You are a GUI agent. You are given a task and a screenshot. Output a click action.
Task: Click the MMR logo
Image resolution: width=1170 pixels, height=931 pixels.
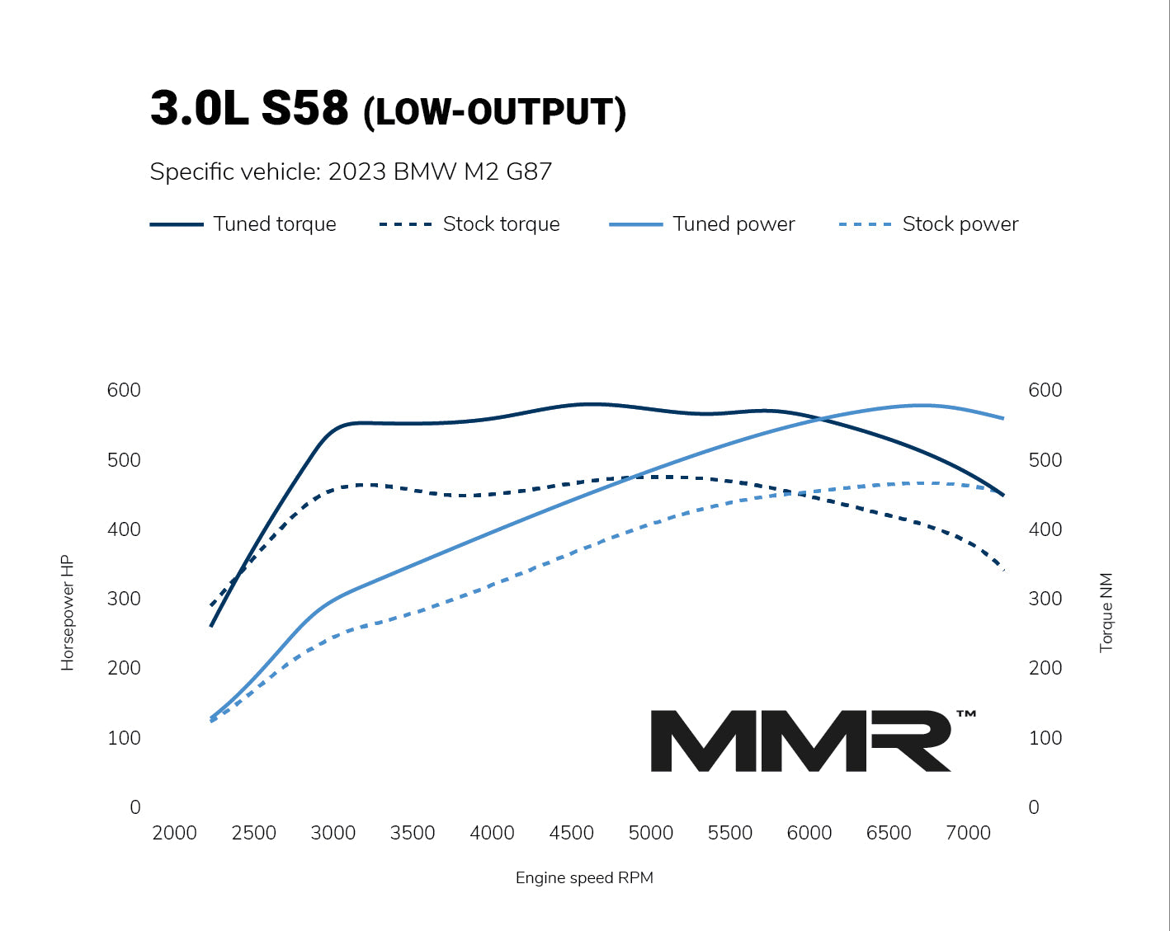(800, 741)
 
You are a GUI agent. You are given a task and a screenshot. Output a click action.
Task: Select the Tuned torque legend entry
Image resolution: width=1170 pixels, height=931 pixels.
(243, 224)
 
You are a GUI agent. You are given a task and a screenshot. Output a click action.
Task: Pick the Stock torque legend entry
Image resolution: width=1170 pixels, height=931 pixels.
(469, 224)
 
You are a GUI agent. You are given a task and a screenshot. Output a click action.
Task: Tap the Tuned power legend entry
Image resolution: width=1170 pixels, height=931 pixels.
(702, 224)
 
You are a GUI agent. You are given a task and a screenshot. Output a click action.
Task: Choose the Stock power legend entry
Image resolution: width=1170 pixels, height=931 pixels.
(929, 224)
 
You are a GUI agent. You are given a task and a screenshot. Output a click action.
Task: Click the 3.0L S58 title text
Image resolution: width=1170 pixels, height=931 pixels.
(249, 108)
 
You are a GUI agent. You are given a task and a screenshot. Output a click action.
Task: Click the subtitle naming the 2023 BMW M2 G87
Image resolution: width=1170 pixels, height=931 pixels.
(351, 172)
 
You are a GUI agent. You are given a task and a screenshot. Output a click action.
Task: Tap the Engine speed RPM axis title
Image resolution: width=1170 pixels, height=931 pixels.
(584, 877)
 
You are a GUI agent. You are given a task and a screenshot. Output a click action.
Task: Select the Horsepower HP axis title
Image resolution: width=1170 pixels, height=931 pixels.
(68, 612)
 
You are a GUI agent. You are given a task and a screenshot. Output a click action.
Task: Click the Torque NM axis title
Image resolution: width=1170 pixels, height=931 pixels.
(1106, 612)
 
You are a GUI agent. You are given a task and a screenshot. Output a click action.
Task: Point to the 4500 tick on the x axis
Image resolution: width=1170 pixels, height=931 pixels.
(571, 833)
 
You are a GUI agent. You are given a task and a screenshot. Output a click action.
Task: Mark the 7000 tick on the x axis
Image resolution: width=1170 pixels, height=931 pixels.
(968, 833)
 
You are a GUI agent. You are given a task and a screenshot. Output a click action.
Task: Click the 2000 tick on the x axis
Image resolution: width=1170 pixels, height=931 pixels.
(174, 833)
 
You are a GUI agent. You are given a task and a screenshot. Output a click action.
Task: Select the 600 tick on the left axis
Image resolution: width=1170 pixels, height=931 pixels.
(124, 390)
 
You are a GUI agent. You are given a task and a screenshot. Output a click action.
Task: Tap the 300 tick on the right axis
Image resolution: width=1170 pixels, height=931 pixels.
(1045, 599)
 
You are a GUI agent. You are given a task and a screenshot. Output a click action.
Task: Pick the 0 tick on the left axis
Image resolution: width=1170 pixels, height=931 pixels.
(135, 807)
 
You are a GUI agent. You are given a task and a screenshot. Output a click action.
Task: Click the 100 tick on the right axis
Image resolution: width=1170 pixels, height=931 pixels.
(1045, 738)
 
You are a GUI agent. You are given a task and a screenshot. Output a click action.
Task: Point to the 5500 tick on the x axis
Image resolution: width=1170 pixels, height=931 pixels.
(730, 833)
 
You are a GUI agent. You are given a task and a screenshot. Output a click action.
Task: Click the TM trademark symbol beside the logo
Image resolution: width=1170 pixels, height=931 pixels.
(966, 714)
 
